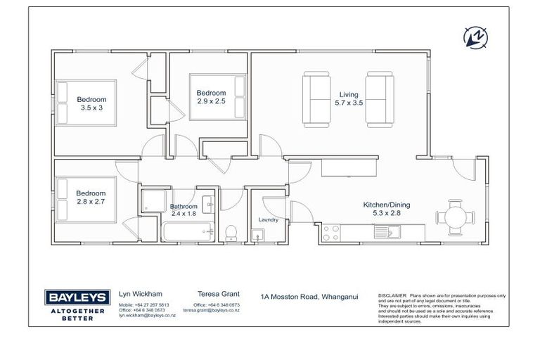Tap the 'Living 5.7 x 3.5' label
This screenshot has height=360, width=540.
tap(348, 99)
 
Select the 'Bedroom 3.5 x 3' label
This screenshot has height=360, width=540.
tap(91, 104)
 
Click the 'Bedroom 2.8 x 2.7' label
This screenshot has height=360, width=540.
tap(91, 198)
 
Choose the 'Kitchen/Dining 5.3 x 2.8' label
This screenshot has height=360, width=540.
tap(386, 209)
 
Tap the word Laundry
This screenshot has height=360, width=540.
tap(269, 219)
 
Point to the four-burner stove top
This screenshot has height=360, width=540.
tap(330, 233)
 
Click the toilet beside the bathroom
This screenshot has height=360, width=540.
tap(231, 233)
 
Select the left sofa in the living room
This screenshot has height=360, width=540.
tap(315, 98)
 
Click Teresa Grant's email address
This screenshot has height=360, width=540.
tap(211, 310)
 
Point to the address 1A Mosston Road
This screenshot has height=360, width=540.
tap(309, 296)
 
